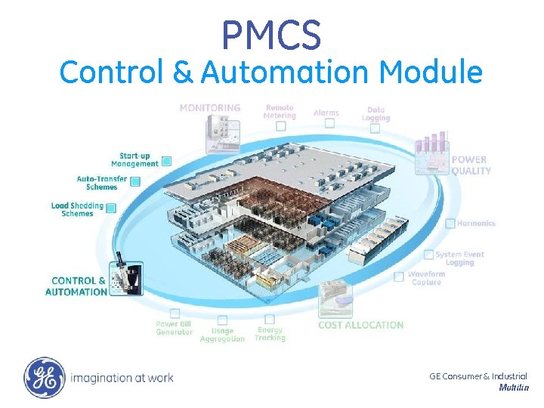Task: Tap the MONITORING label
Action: point(210,108)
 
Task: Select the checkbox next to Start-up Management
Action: point(166,160)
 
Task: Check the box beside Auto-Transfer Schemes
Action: point(135,181)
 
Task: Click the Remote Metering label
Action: point(279,111)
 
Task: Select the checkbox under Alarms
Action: point(329,123)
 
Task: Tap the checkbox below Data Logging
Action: point(375,128)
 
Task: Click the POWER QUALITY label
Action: point(471,165)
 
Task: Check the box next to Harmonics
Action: point(450,223)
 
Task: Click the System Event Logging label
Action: point(459,258)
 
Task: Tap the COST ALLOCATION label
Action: point(360,325)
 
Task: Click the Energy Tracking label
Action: point(270,334)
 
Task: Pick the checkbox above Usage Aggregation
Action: point(222,320)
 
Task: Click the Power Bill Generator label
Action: point(174,328)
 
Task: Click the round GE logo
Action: point(45,377)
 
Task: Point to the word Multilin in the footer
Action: point(513,388)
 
